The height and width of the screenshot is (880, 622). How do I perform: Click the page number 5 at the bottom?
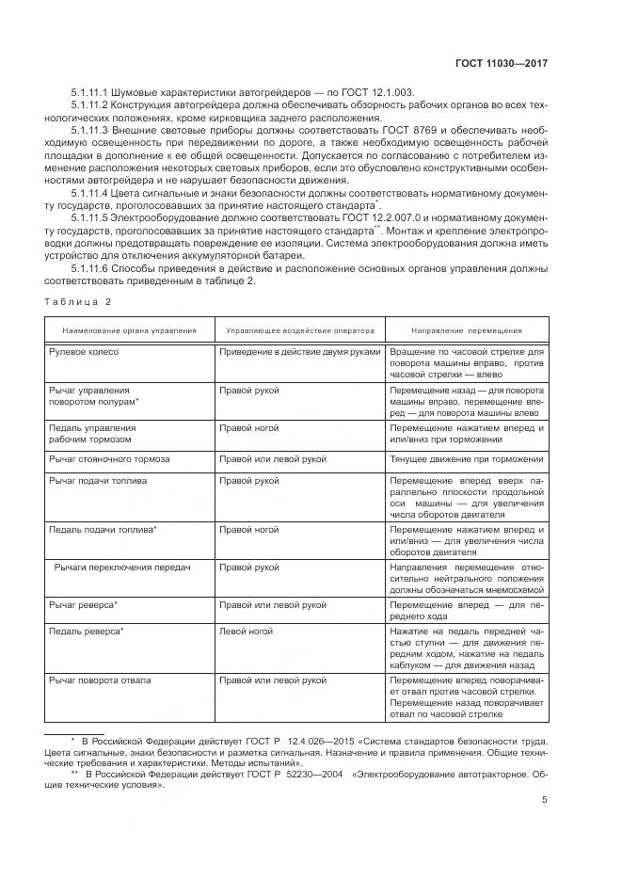(x=545, y=800)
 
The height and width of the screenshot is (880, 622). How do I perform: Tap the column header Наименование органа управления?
(x=130, y=330)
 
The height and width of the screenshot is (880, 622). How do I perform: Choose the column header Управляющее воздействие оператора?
(x=297, y=330)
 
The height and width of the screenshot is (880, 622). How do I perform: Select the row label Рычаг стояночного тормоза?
(x=109, y=458)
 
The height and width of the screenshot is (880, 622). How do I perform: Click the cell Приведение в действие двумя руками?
(x=299, y=351)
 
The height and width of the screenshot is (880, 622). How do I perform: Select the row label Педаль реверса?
(x=87, y=631)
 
